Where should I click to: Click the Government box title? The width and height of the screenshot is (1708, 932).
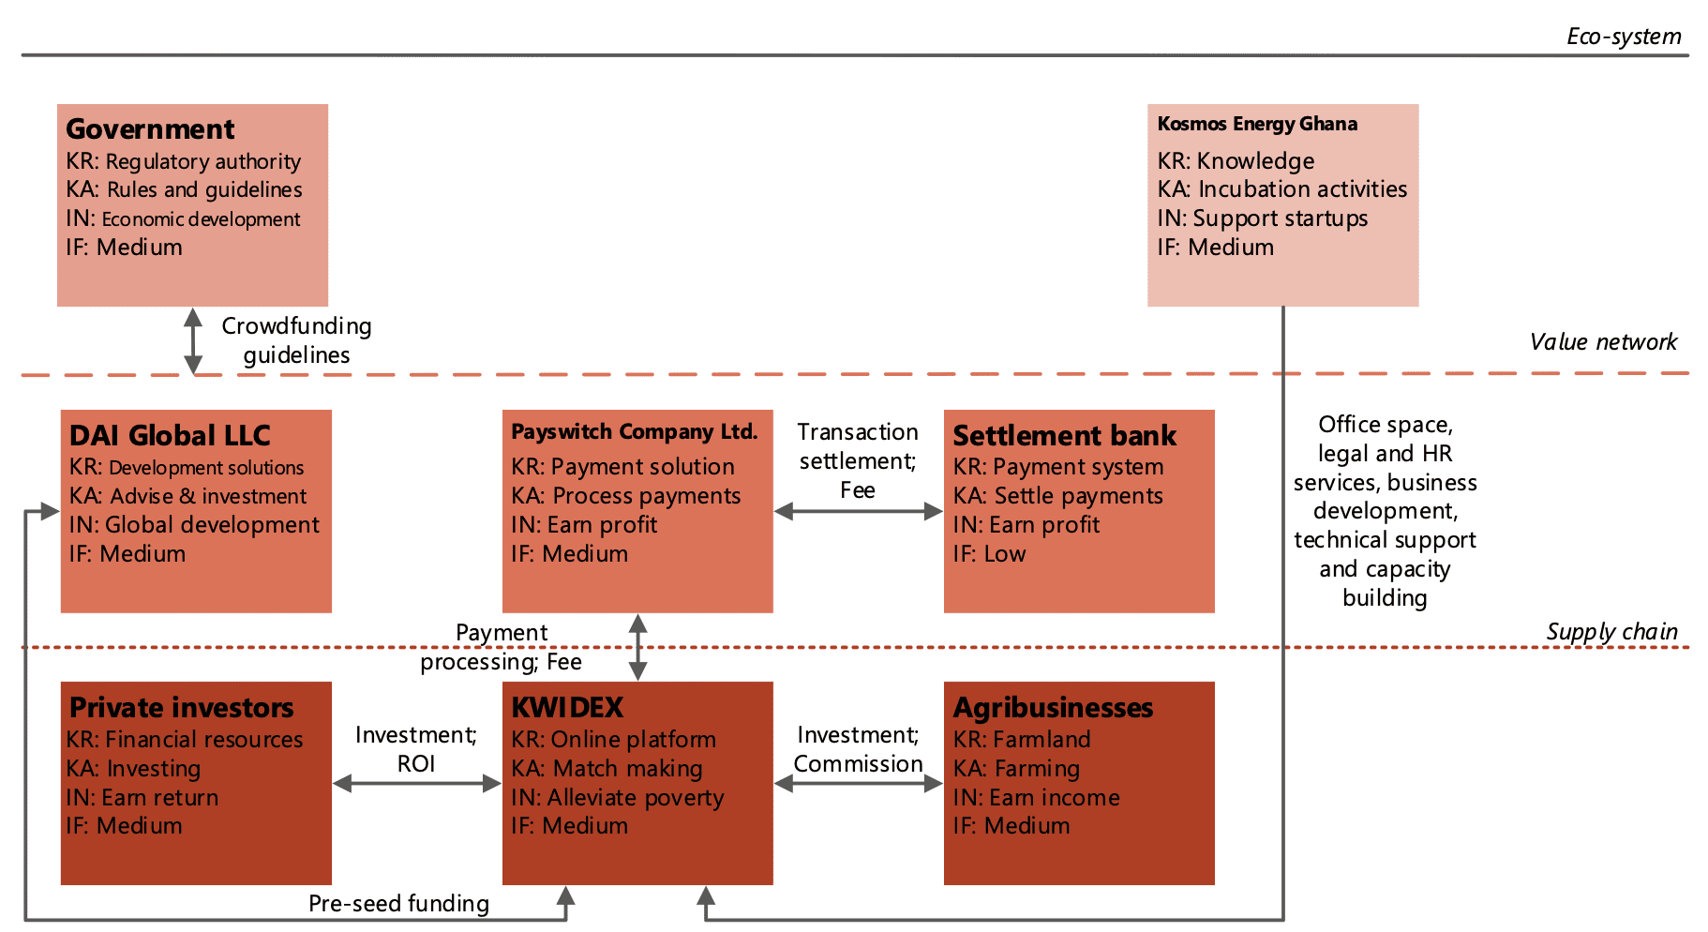150,128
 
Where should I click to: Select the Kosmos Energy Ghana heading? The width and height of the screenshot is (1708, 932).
1257,124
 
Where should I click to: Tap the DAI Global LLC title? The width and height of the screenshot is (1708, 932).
170,435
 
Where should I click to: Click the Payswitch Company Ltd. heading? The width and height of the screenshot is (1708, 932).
635,432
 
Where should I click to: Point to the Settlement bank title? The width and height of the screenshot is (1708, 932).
1064,435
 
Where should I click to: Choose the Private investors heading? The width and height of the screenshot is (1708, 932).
182,707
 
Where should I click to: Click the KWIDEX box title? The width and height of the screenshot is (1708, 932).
567,707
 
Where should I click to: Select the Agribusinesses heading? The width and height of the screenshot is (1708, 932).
1053,708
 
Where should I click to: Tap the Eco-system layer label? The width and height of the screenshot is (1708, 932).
1624,37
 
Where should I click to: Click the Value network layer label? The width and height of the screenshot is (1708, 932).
1603,342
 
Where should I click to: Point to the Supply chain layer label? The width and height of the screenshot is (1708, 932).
1611,632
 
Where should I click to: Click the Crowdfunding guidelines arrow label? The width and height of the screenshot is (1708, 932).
296,340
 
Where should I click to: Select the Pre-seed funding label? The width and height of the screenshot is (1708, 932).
398,904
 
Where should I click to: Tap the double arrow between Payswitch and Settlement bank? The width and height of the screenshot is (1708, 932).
859,511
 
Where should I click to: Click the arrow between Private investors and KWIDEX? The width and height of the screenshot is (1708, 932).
417,783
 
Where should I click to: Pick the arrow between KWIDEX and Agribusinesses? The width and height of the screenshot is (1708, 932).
859,783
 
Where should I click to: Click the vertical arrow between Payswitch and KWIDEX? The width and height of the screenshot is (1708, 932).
637,647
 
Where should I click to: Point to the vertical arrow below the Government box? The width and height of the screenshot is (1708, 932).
193,341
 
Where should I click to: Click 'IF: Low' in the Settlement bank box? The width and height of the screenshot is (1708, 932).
989,554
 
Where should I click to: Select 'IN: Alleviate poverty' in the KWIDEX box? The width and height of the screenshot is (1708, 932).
617,798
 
